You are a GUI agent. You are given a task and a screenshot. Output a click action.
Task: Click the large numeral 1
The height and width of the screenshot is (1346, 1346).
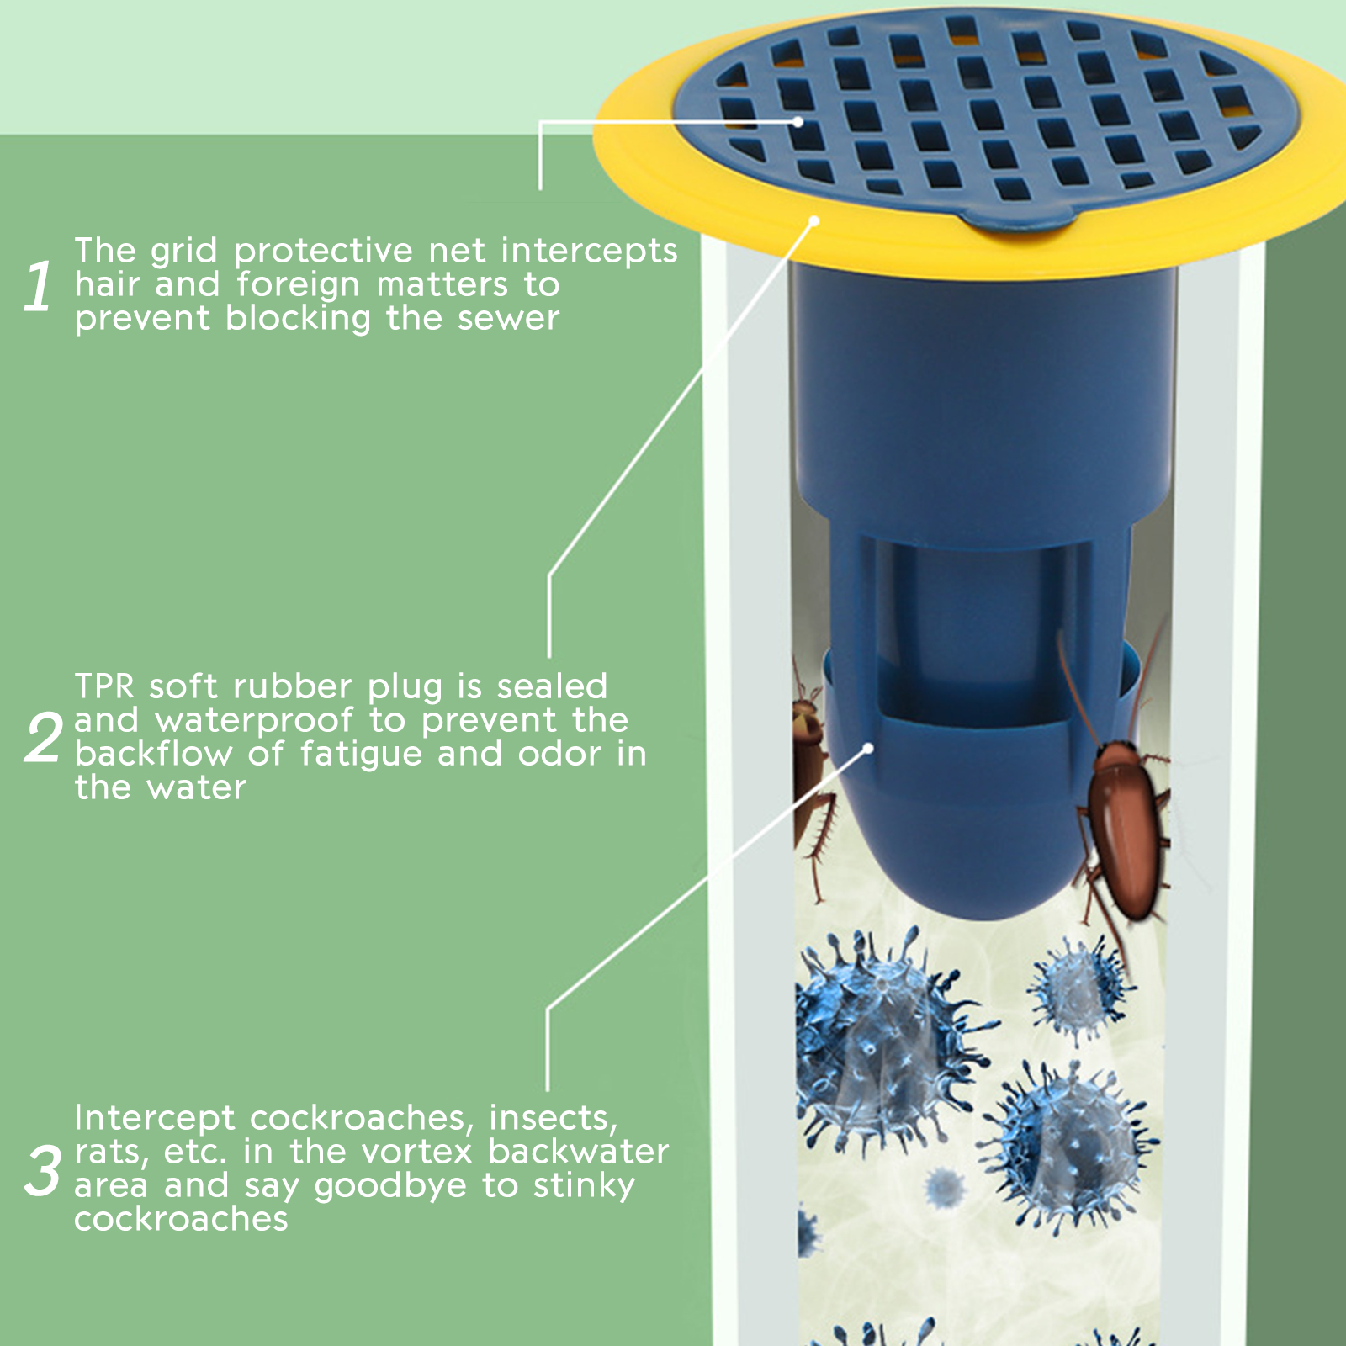click(x=38, y=287)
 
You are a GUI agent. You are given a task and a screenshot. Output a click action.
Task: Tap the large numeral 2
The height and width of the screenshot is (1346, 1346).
click(x=43, y=738)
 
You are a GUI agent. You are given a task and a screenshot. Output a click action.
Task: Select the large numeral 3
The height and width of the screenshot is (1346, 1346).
click(x=43, y=1170)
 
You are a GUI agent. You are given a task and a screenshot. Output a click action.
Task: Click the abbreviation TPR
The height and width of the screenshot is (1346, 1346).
click(x=104, y=686)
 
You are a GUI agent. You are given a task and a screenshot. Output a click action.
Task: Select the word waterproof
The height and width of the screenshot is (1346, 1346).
click(x=255, y=721)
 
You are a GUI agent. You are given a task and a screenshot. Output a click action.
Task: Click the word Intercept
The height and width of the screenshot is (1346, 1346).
click(x=155, y=1118)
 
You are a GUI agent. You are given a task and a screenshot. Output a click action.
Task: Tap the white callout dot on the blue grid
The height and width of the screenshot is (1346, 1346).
click(x=797, y=122)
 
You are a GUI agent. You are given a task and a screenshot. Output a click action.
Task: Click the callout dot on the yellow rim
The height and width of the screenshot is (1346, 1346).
click(x=814, y=220)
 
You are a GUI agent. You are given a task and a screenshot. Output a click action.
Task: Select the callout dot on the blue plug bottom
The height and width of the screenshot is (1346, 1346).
click(x=869, y=747)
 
